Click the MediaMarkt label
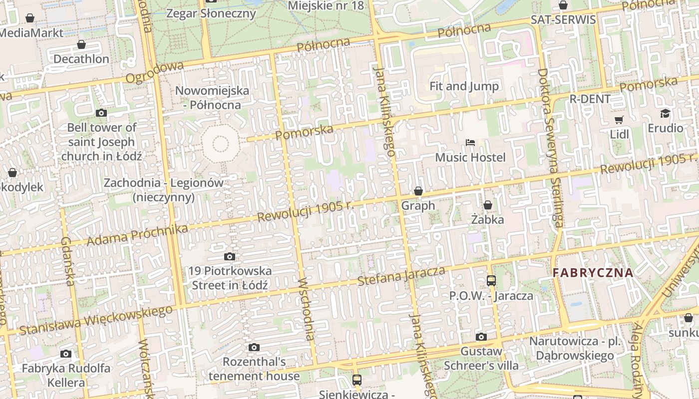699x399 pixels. point(31,33)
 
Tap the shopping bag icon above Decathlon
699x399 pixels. point(81,45)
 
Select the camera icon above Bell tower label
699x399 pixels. point(101,113)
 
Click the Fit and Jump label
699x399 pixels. point(464,86)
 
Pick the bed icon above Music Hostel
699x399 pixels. point(470,143)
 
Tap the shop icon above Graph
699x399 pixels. point(418,191)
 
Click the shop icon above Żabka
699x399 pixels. point(488,205)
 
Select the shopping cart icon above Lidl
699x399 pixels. point(619,120)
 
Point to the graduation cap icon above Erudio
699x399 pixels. point(665,114)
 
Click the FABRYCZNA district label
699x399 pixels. point(593,273)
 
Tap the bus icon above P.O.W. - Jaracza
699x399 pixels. point(491,281)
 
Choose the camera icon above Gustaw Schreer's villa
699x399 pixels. point(481,337)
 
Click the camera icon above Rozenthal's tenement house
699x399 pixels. point(254,347)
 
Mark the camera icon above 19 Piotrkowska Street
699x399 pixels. point(230,256)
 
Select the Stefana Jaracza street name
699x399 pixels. point(401,276)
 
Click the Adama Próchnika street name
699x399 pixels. point(137,235)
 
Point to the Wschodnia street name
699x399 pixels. point(306,309)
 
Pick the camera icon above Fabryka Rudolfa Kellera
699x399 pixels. point(66,354)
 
